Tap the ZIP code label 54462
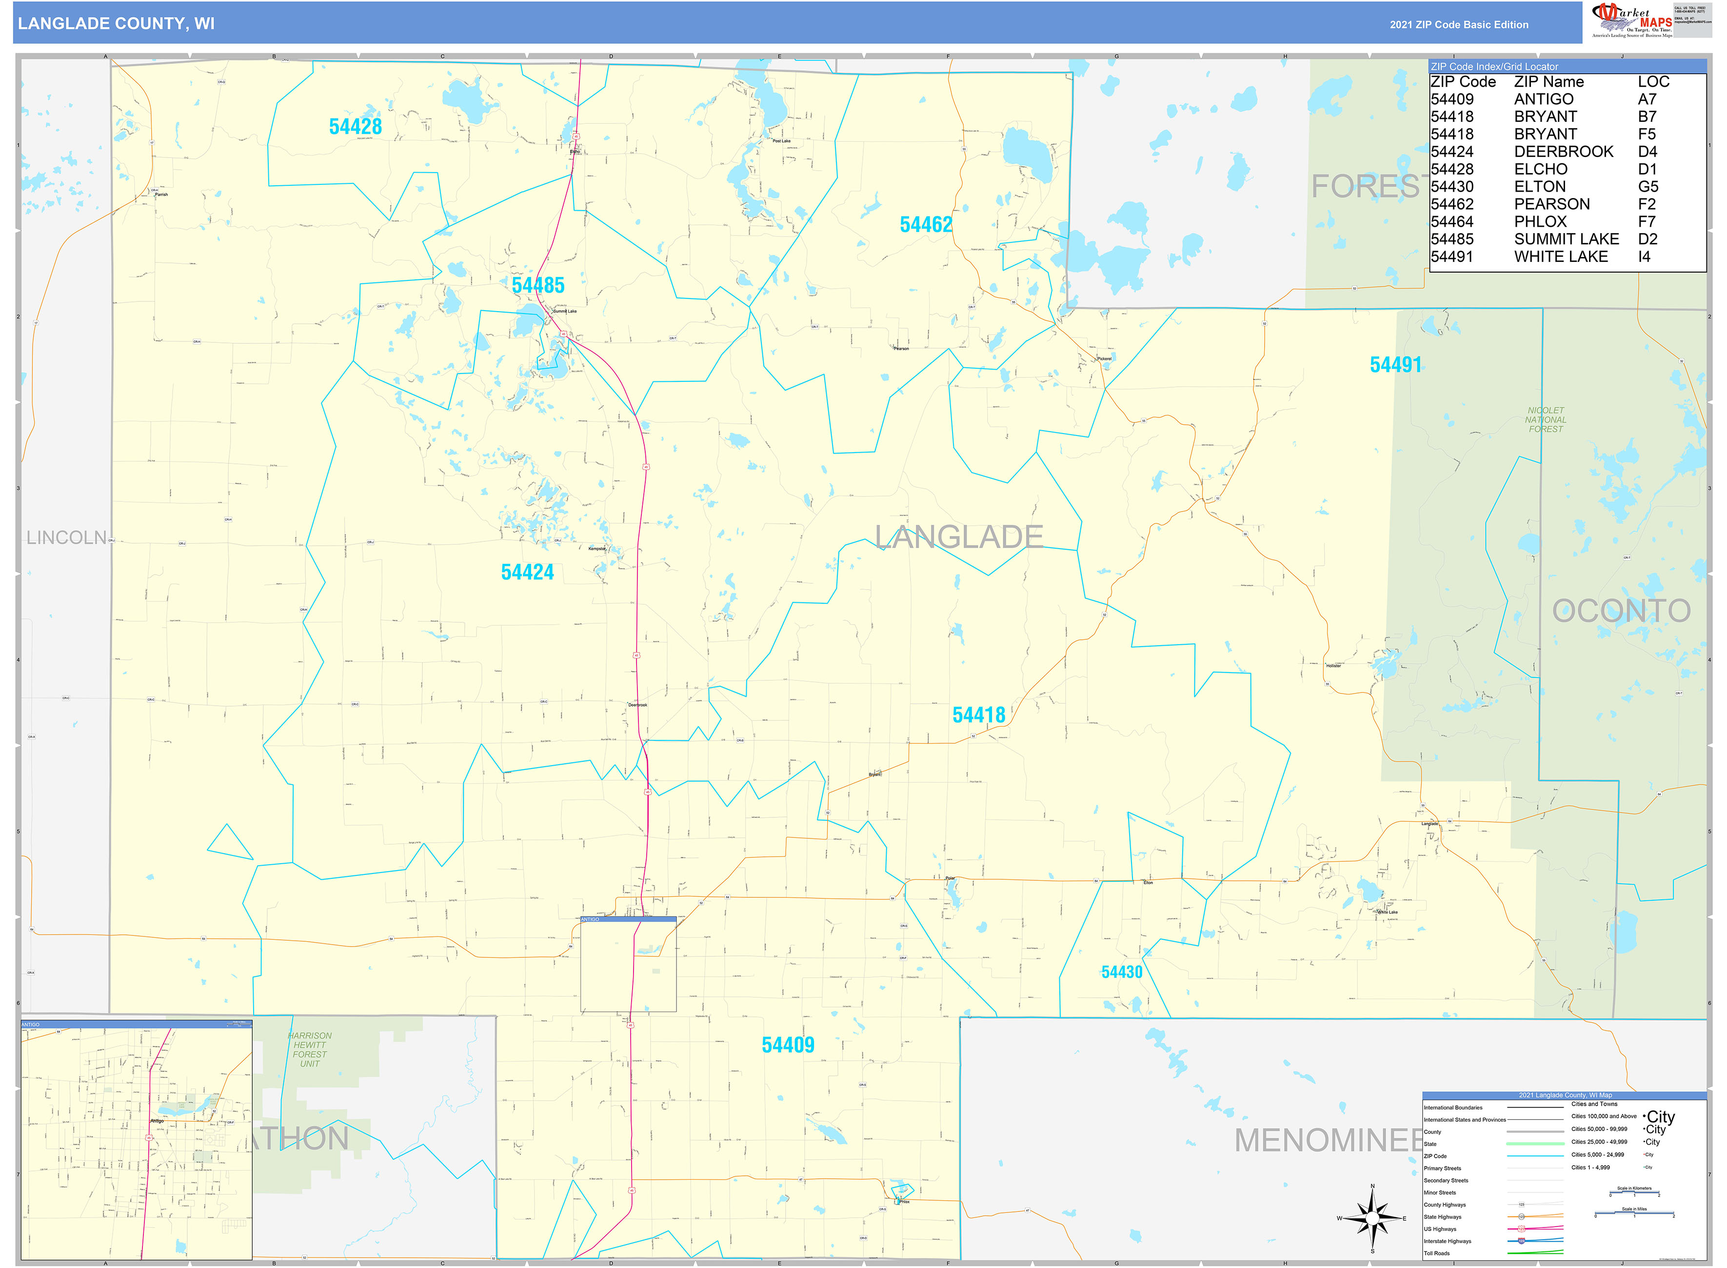tap(926, 225)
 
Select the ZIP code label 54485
tap(538, 285)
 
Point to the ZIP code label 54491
tap(1395, 365)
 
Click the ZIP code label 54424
tap(527, 573)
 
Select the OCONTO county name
tap(1621, 612)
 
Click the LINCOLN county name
tap(67, 538)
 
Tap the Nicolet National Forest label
tap(1545, 420)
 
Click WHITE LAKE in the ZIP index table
tap(1560, 257)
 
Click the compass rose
tap(1372, 1218)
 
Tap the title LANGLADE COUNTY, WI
tap(116, 24)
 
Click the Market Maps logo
tap(1631, 20)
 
